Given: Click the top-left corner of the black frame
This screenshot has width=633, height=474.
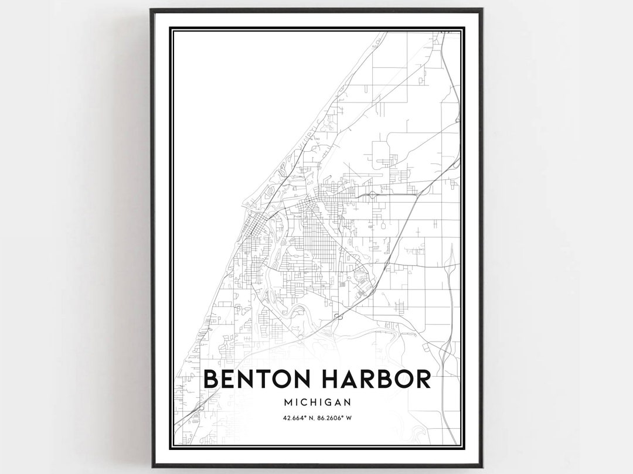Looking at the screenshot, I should click(x=151, y=9).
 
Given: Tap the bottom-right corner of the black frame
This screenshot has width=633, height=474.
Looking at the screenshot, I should click(x=482, y=466).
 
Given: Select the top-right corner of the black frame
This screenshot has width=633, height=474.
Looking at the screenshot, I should click(x=482, y=9).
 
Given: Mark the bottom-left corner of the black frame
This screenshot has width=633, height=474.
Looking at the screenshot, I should click(x=151, y=466).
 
